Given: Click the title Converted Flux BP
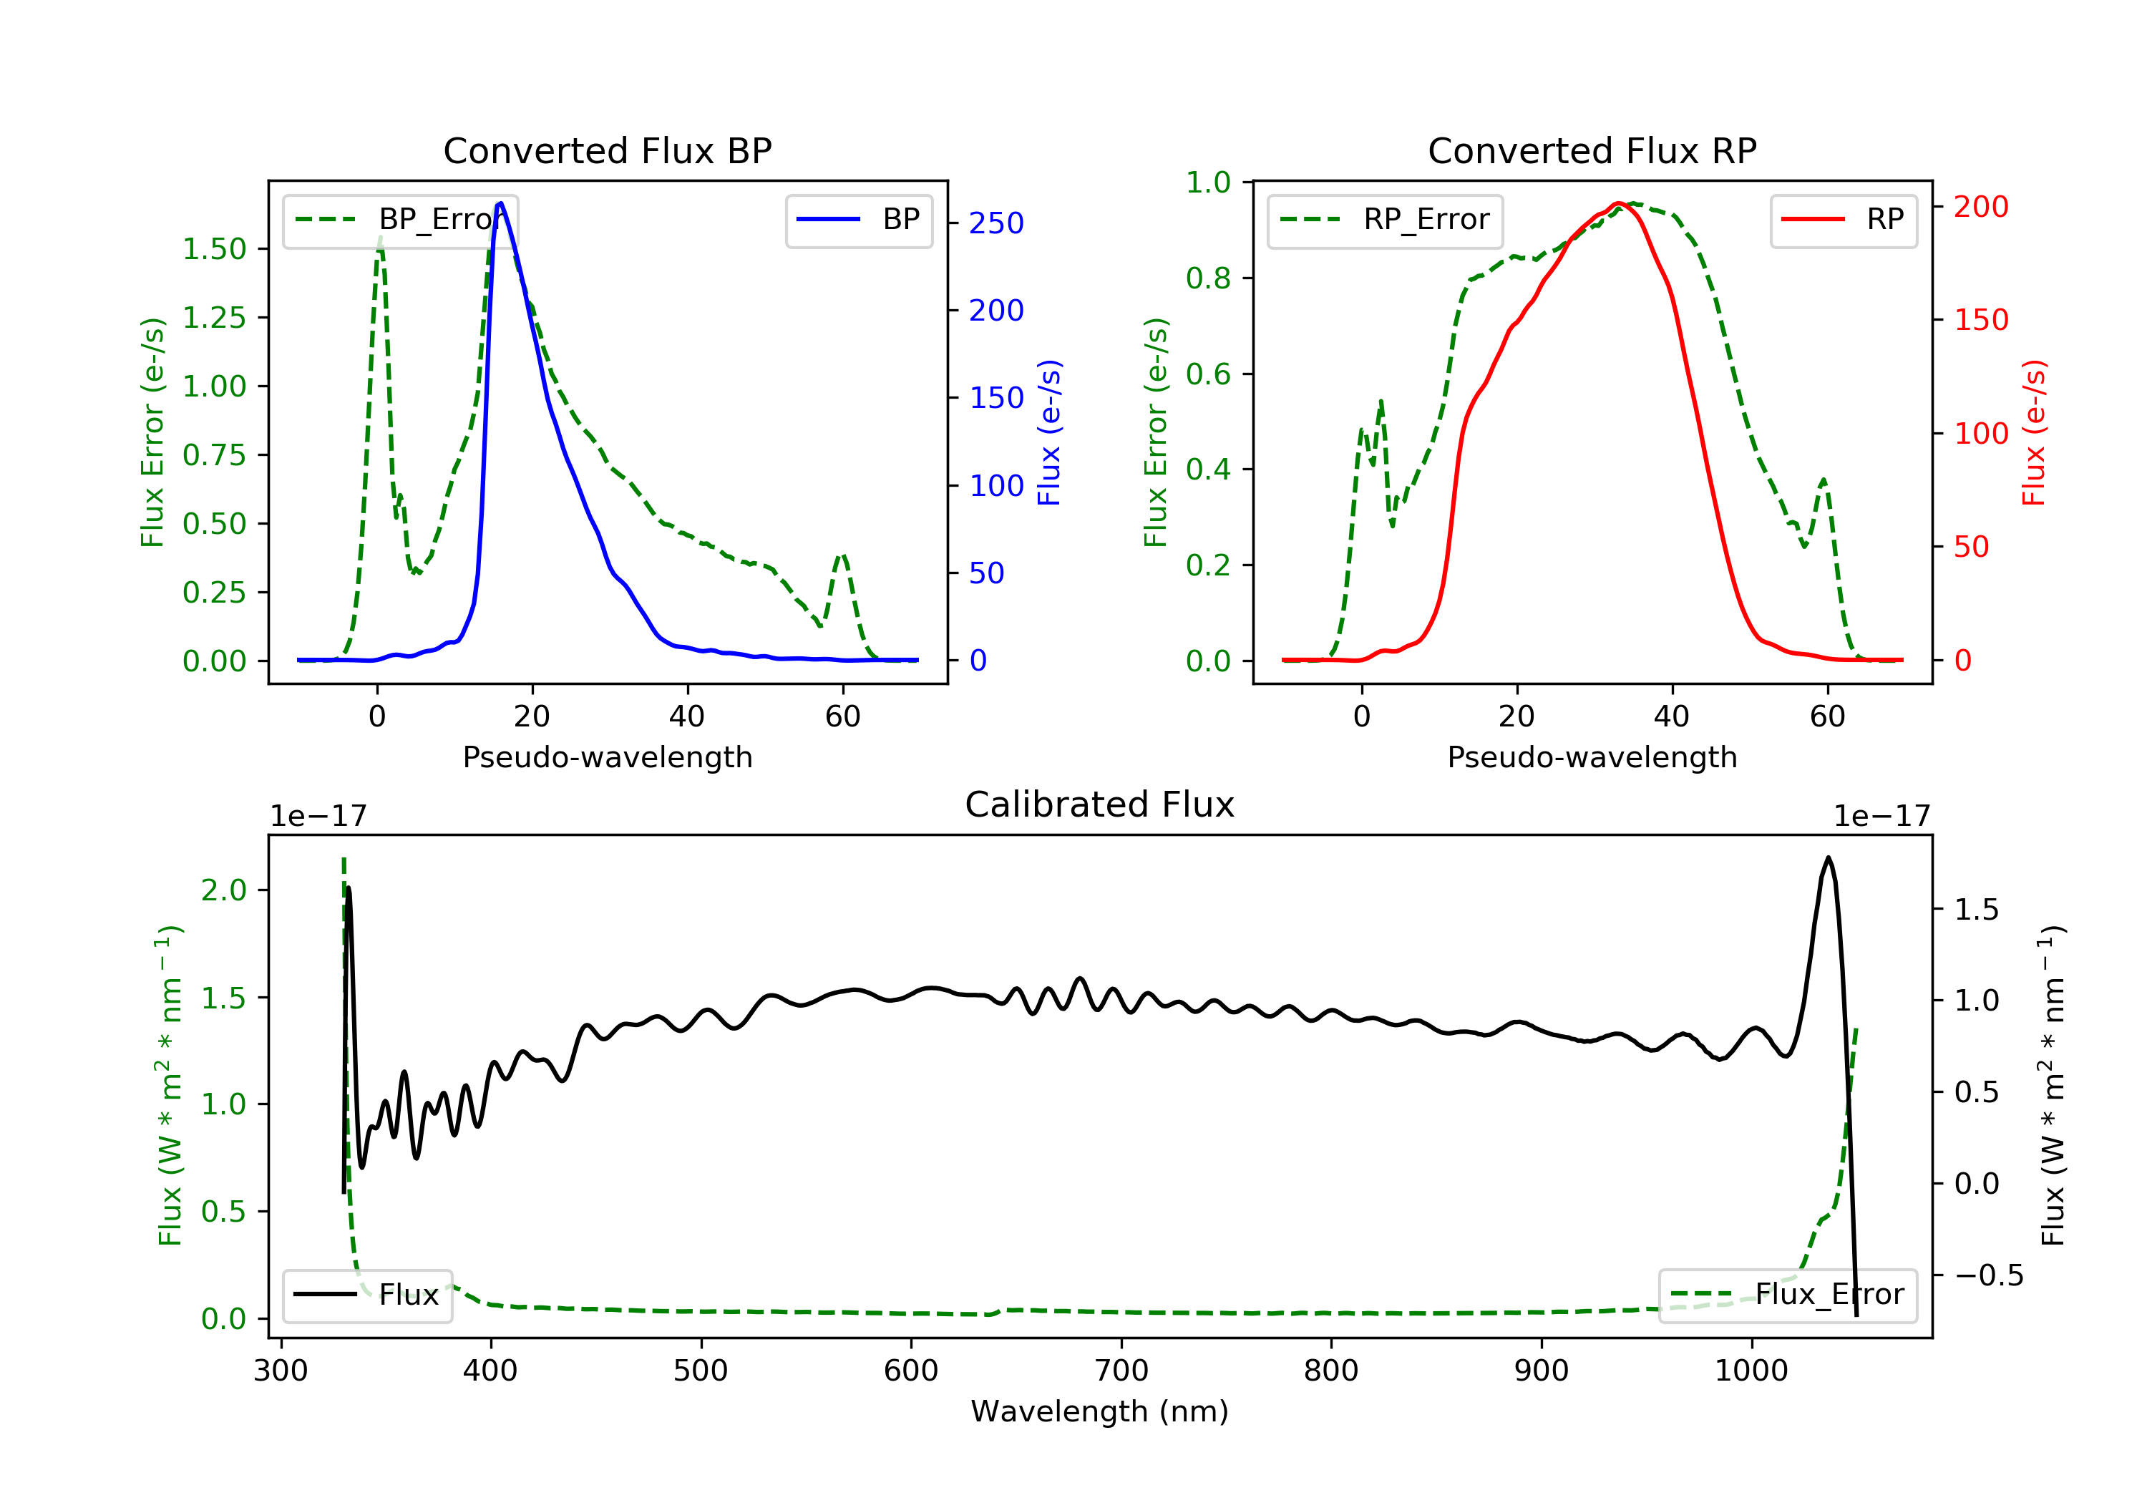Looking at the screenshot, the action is point(607,150).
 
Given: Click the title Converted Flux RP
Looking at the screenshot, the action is point(1592,150).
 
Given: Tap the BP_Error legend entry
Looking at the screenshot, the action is point(399,220).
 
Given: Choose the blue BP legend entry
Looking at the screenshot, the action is point(858,220).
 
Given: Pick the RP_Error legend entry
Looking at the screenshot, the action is point(1384,220).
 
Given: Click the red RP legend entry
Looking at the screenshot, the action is point(1843,220).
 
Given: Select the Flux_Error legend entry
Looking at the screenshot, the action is point(1787,1295).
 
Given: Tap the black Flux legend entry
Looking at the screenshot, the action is point(366,1295).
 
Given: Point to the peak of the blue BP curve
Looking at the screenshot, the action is point(500,203).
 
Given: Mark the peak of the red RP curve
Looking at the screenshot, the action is point(1617,203).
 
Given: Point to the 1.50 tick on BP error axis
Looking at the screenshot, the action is point(214,249).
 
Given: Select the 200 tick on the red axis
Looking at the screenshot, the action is point(1980,207).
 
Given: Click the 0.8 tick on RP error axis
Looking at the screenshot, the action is point(1207,278).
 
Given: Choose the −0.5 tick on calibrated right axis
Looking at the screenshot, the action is point(1988,1275).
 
